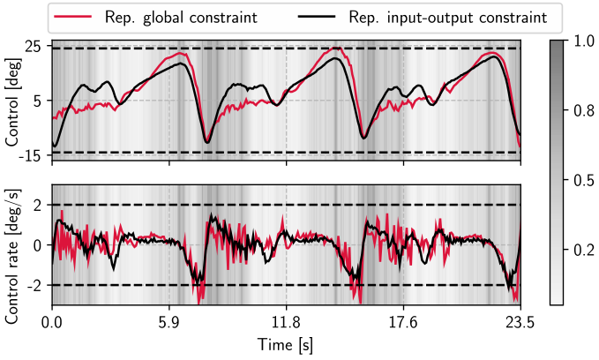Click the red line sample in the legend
click(73, 17)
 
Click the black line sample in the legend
click(317, 17)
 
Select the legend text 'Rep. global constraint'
click(181, 18)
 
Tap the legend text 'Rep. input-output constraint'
click(448, 18)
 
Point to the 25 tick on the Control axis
click(34, 46)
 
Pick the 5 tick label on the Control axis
click(38, 101)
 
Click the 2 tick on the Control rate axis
click(38, 206)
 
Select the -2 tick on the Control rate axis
click(34, 286)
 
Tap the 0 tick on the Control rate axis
click(38, 245)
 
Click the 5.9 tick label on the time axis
click(169, 323)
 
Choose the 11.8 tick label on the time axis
click(286, 323)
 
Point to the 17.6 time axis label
click(403, 323)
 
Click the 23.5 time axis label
click(520, 323)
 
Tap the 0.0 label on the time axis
click(52, 323)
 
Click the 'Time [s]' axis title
click(286, 345)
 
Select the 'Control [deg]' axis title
click(11, 102)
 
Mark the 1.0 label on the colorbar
click(584, 41)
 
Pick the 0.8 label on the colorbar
click(584, 111)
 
